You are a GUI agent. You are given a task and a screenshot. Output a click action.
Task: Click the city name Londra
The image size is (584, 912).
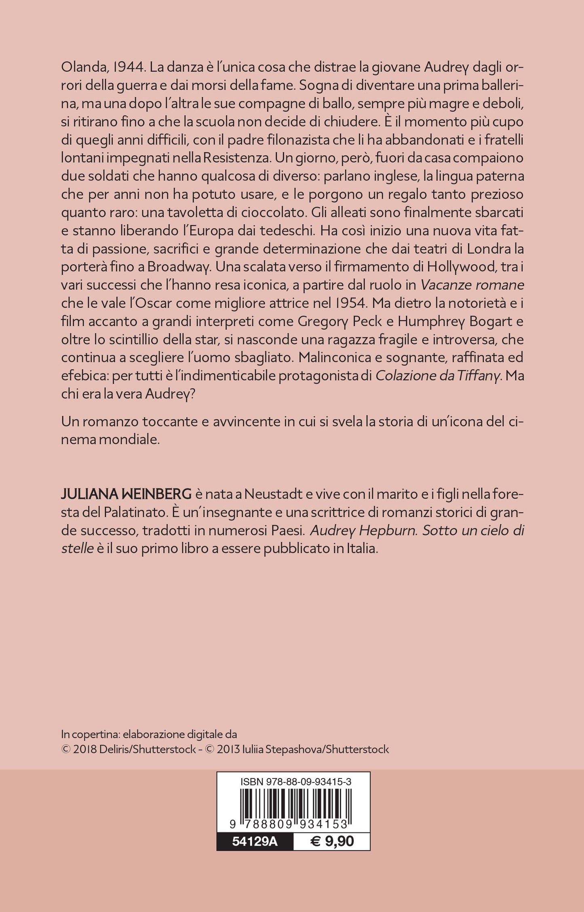[485, 248]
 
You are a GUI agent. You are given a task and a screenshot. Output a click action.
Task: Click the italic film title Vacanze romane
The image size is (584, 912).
[472, 285]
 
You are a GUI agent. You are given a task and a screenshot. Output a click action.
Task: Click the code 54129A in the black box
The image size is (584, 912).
[255, 841]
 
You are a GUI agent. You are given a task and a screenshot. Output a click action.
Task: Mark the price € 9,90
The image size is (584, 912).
[331, 841]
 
